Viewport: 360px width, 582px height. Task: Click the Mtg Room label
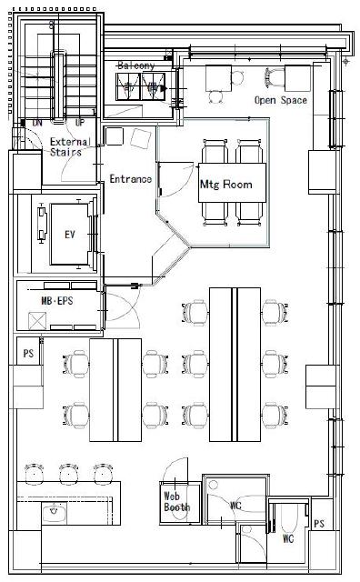point(225,185)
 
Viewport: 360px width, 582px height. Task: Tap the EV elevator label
point(70,235)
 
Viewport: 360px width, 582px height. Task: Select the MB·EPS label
point(57,301)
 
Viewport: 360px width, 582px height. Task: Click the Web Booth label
point(176,501)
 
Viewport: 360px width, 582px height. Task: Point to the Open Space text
point(281,100)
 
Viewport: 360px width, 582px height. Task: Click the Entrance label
point(130,179)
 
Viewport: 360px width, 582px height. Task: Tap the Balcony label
point(135,65)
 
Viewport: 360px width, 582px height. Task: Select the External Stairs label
point(70,147)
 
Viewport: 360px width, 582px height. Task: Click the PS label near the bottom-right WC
point(319,524)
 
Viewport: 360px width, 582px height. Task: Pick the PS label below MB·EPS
point(28,354)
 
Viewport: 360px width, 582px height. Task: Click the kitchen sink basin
point(55,513)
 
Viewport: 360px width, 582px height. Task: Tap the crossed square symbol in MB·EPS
point(37,321)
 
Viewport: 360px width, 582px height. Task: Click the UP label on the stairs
point(80,123)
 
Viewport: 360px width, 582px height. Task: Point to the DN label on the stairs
point(37,123)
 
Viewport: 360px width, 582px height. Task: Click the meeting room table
point(233,183)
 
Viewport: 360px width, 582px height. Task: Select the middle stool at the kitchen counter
point(69,474)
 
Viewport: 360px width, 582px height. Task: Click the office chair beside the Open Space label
point(272,77)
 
